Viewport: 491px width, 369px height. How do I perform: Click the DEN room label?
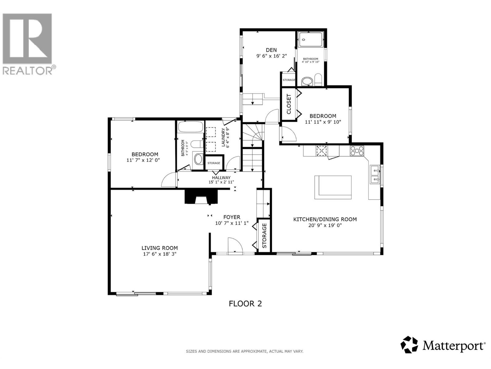(x=271, y=50)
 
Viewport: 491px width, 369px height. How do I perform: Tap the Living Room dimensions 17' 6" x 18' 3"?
(x=159, y=254)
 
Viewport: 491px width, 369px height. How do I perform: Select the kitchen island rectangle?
(x=333, y=187)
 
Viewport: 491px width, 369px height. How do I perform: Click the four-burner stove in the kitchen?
(x=357, y=151)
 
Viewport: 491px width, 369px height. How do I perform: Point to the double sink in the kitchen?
(x=375, y=174)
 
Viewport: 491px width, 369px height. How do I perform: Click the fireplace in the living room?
(x=201, y=197)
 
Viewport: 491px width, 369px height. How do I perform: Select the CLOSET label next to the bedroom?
(x=289, y=104)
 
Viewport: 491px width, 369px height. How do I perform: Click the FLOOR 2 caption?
(x=245, y=304)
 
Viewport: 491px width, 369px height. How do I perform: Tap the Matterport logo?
(x=443, y=345)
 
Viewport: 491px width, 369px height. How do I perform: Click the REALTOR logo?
(x=28, y=43)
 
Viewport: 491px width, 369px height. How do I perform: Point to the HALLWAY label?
(x=221, y=177)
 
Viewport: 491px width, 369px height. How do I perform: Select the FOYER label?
(x=231, y=217)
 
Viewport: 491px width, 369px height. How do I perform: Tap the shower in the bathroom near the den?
(x=311, y=40)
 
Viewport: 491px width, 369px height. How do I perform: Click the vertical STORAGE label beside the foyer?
(x=264, y=236)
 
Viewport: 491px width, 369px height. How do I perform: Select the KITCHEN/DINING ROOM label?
(x=325, y=219)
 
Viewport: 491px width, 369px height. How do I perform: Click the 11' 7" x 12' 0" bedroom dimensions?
(x=143, y=160)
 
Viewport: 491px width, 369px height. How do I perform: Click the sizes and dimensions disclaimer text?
(x=244, y=351)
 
